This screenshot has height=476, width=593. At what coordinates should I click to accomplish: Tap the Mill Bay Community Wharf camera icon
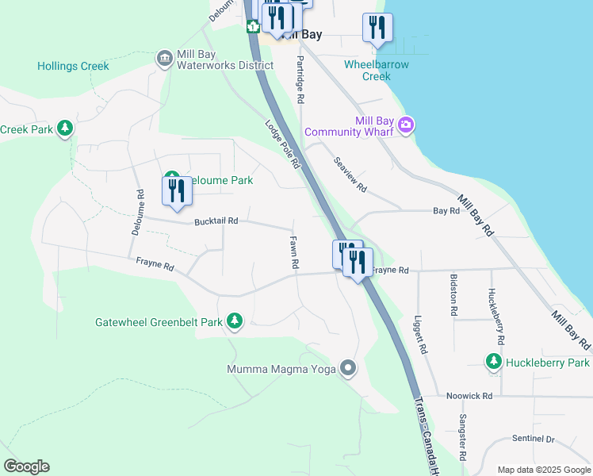pos(407,124)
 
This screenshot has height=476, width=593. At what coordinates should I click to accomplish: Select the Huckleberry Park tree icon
pos(493,362)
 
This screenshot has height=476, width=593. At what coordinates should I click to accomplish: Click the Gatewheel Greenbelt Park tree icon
pos(234,321)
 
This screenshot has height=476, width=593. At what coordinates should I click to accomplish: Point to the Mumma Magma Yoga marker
pos(347,368)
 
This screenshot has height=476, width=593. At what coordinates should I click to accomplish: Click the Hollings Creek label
pos(73,67)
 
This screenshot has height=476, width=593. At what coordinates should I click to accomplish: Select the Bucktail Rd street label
pos(216,221)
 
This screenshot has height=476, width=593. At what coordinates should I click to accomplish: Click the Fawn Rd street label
pos(293,252)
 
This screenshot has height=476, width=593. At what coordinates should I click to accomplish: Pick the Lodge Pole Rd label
pos(283,144)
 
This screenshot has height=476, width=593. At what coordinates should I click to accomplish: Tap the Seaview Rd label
pos(350,175)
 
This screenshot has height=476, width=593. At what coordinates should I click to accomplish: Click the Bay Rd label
pos(446,211)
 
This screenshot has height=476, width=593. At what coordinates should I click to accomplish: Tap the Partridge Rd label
pos(300,80)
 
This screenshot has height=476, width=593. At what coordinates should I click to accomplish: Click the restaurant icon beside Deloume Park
pos(176,190)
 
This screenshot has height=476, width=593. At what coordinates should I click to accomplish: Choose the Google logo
pos(27,466)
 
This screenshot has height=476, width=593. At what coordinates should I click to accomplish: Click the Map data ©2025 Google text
pos(543,470)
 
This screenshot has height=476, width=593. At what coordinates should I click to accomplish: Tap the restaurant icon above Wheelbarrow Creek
pos(377,28)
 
